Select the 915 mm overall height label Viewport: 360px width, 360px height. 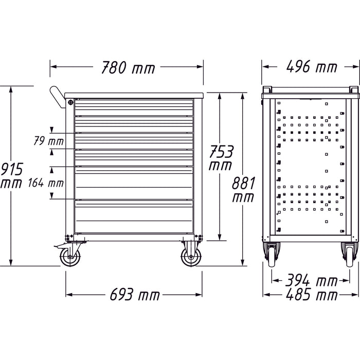pos(10,175)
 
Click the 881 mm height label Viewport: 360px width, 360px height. pos(242,188)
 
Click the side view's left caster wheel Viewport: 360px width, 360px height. pos(272,255)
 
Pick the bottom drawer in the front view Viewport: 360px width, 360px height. pos(135,217)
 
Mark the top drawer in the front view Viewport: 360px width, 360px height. pos(135,106)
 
